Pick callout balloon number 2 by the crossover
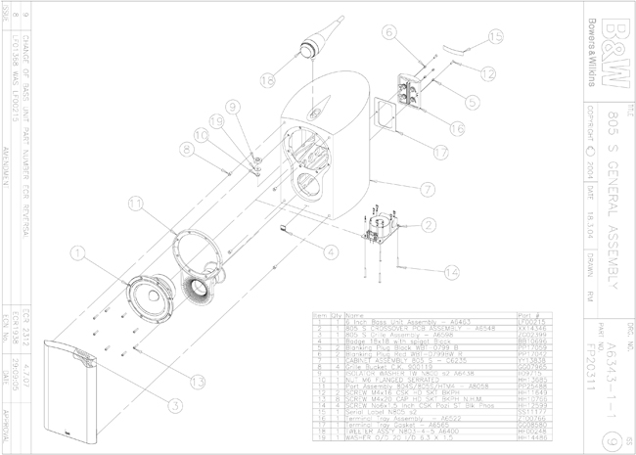tap(427, 226)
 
